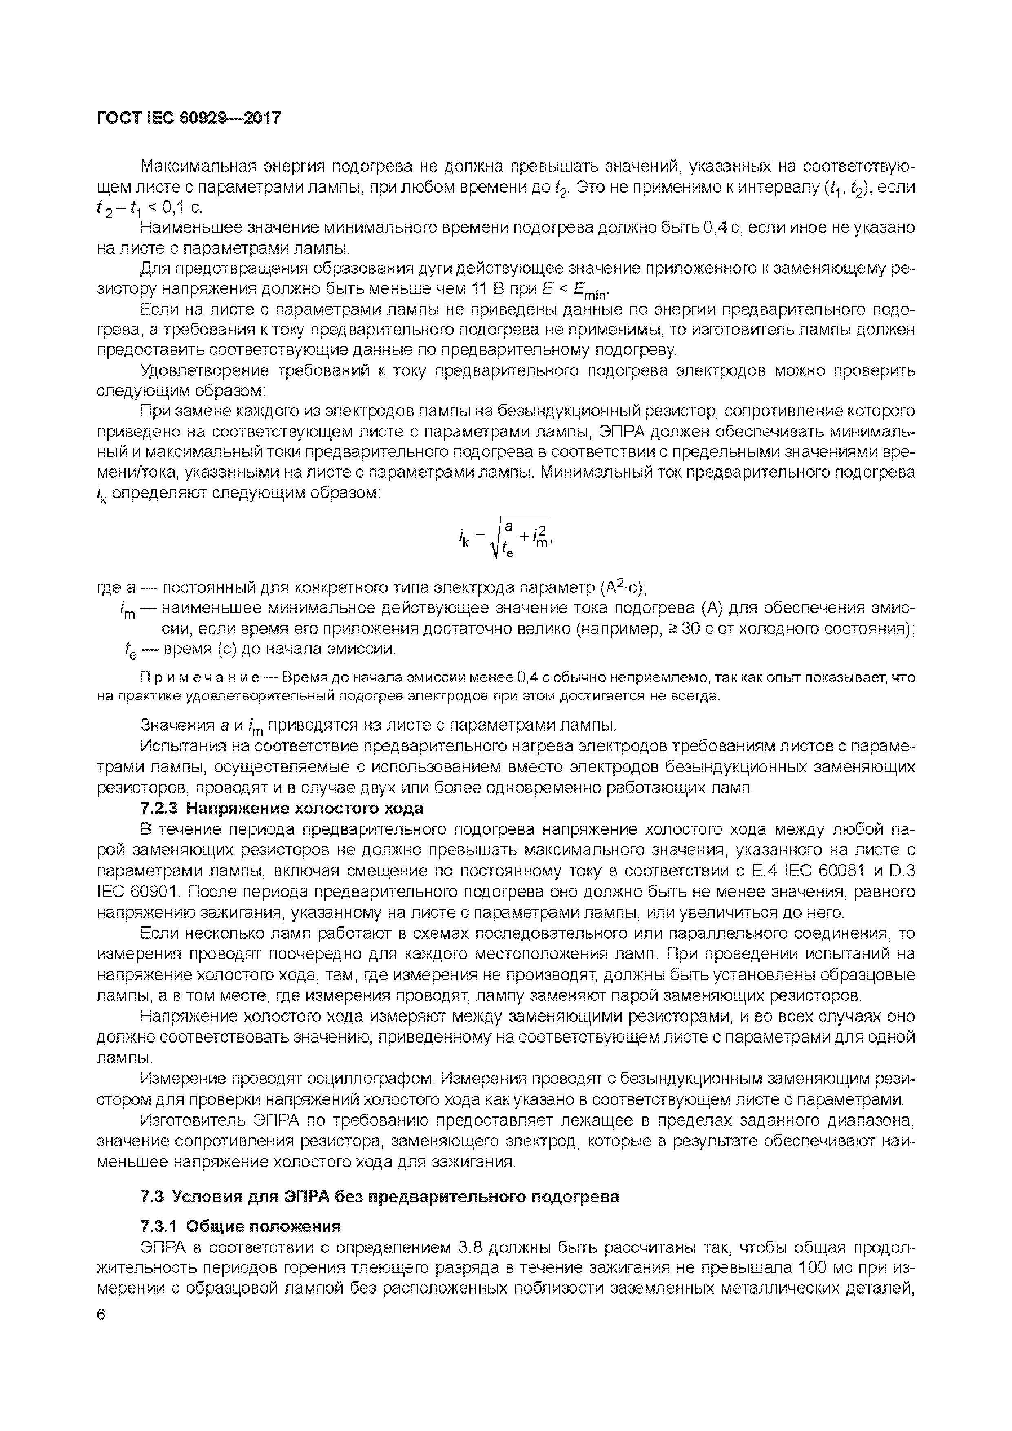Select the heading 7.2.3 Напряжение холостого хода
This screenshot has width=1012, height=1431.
click(282, 809)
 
